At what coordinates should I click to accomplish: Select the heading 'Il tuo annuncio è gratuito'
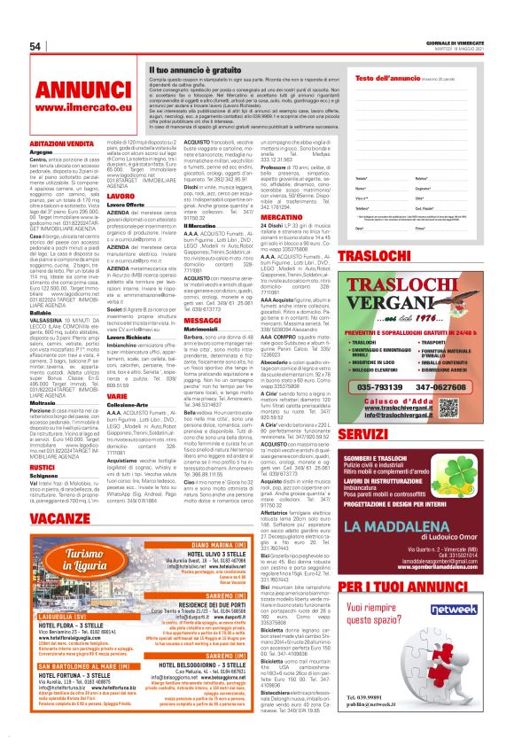tap(198, 69)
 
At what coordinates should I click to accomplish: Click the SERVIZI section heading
tap(385, 435)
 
